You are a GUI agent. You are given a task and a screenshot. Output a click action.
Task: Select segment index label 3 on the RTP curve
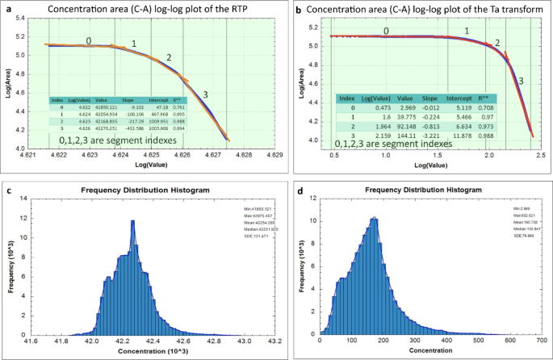tap(206, 95)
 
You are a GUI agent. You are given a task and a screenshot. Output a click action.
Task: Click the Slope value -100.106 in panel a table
tap(128, 115)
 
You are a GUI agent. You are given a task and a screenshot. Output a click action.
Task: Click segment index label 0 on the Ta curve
tap(386, 31)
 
